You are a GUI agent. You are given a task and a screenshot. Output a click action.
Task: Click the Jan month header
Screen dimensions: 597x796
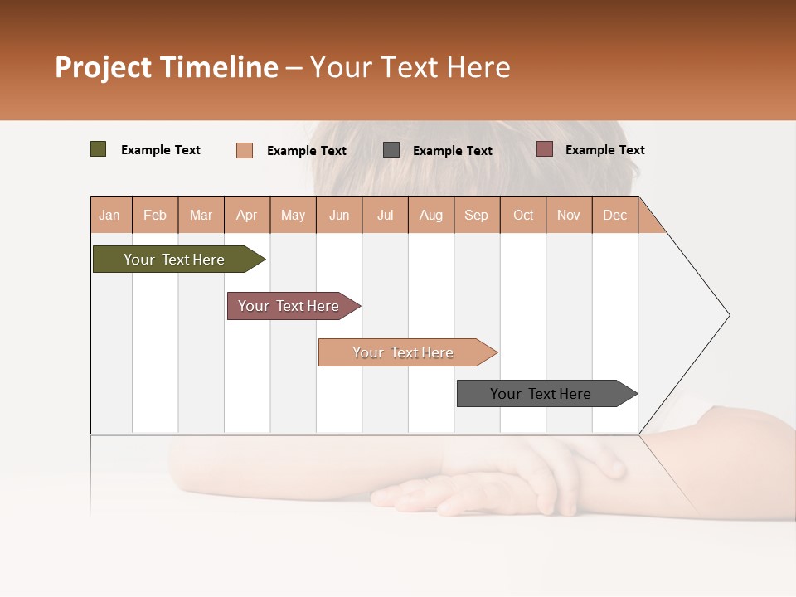[110, 215]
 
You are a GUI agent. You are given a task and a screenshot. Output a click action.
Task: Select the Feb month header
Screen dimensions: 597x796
[155, 215]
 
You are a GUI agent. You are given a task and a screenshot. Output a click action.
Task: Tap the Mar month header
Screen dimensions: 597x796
[201, 215]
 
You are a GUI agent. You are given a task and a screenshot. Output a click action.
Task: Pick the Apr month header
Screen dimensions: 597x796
[247, 215]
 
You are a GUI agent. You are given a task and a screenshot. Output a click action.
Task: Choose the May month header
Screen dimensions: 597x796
[293, 215]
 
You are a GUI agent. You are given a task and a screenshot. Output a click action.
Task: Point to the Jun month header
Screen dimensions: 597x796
[339, 215]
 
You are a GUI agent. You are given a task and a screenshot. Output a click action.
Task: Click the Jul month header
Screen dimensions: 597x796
[386, 215]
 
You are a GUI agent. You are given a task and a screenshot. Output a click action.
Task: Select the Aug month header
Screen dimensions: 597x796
[431, 215]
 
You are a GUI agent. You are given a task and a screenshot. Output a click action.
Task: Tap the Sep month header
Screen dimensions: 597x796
[477, 215]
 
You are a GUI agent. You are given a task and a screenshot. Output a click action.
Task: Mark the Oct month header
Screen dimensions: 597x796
[523, 215]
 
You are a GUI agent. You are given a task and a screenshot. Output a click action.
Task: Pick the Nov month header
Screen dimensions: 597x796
[569, 215]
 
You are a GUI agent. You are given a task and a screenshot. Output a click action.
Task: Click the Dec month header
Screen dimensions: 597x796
[615, 215]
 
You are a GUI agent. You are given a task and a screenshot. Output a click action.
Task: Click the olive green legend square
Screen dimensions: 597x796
[99, 149]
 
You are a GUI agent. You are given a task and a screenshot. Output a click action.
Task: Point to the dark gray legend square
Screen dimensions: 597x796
[391, 149]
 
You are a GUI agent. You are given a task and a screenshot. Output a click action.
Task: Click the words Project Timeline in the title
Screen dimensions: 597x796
[167, 67]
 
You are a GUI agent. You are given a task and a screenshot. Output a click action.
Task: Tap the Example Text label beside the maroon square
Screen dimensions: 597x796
[604, 150]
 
